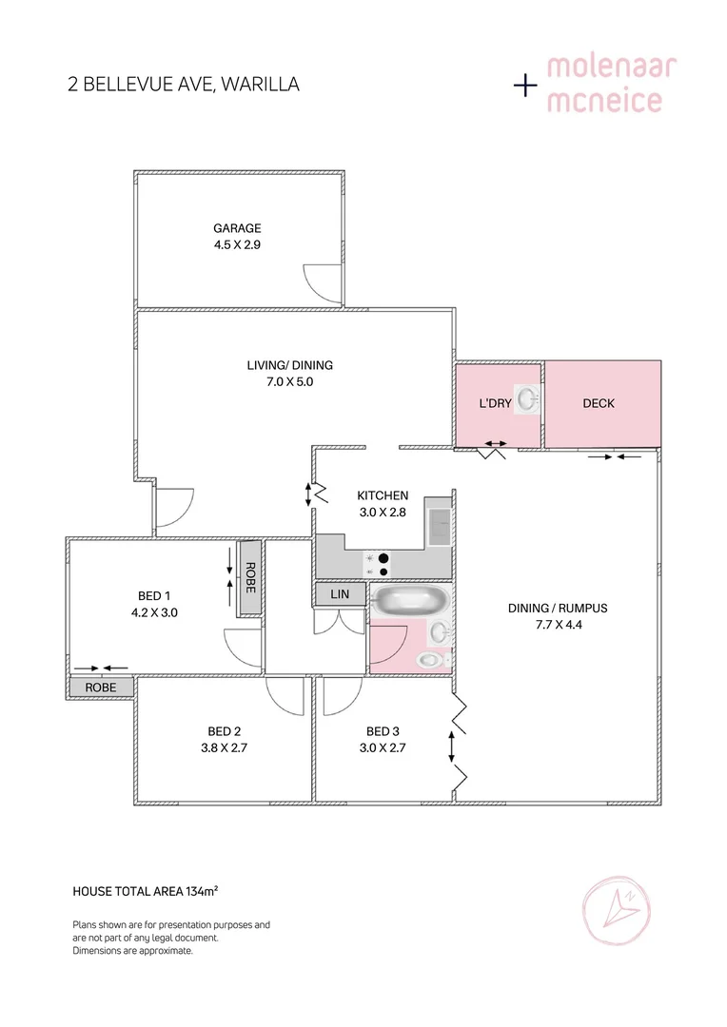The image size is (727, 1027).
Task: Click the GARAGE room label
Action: (x=237, y=228)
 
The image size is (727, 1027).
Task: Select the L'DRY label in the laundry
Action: (x=495, y=403)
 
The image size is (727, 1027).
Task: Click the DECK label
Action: (x=599, y=403)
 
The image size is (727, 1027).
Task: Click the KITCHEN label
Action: (x=383, y=495)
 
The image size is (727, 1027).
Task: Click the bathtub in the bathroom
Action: (x=408, y=601)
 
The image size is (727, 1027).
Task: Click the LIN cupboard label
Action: (x=340, y=594)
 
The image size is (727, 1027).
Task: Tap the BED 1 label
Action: (x=158, y=596)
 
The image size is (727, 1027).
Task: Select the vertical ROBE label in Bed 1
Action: (x=250, y=578)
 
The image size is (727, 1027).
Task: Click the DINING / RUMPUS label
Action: (x=559, y=609)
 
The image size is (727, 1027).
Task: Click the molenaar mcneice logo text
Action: (x=603, y=84)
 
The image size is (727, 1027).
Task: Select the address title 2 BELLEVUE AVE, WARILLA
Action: (x=184, y=85)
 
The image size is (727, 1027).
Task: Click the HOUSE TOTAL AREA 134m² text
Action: (x=146, y=891)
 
